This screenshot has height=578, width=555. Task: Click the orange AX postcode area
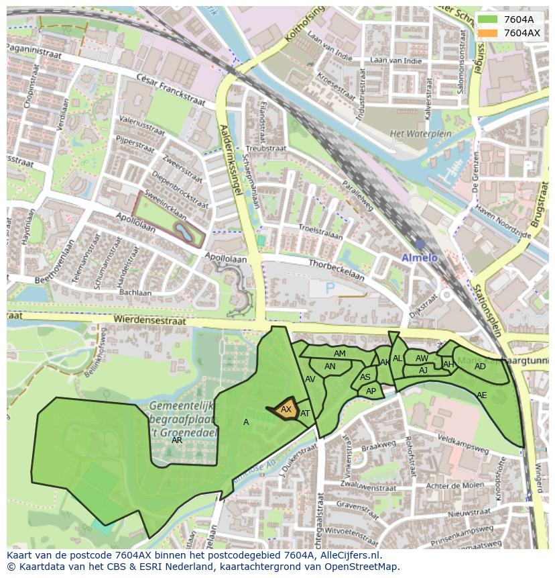[286, 410]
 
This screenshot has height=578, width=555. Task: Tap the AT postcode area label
[305, 414]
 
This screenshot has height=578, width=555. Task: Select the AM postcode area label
[340, 354]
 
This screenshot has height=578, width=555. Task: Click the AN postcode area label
[330, 367]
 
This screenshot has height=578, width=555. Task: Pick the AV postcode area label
[310, 379]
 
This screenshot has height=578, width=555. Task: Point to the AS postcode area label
[365, 377]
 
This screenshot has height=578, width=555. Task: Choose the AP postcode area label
[371, 391]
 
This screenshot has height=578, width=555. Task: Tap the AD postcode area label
[480, 367]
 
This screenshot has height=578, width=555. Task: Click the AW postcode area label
[422, 358]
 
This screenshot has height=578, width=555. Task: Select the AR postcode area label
[177, 440]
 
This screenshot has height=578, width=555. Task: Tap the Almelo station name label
[419, 258]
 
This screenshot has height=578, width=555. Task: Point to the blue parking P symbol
[330, 288]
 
